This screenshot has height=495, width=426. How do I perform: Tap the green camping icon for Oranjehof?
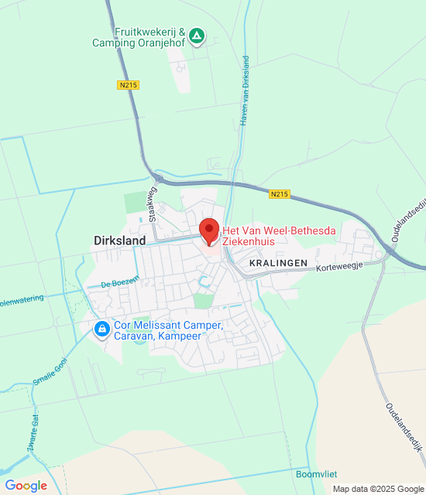pyautogui.click(x=198, y=36)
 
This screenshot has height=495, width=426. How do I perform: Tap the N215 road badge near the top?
pyautogui.click(x=129, y=84)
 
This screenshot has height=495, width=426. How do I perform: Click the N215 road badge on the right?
pyautogui.click(x=280, y=194)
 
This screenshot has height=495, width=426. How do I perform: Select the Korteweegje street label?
pyautogui.click(x=338, y=265)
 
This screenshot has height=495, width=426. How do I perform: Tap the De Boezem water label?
pyautogui.click(x=119, y=283)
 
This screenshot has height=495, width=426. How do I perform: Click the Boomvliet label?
pyautogui.click(x=315, y=473)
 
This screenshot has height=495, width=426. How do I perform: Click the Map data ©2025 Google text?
pyautogui.click(x=377, y=489)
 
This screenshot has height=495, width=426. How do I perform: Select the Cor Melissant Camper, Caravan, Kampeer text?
pyautogui.click(x=167, y=330)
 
